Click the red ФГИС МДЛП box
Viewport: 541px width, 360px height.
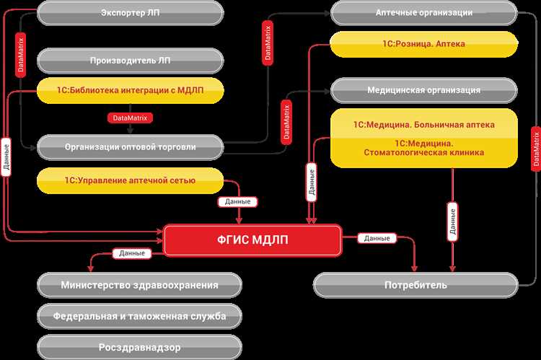(x=252, y=240)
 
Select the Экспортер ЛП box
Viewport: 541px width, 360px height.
(x=130, y=12)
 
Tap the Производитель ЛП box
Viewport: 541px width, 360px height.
(x=130, y=59)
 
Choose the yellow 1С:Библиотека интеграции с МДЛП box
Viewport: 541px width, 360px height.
(x=130, y=90)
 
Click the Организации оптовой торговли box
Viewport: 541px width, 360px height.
(x=130, y=146)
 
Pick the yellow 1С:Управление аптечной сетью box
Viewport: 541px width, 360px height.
(x=130, y=178)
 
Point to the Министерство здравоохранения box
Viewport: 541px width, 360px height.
(x=139, y=284)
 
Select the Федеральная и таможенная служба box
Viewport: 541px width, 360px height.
(x=139, y=315)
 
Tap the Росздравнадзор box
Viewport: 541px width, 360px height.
(x=139, y=347)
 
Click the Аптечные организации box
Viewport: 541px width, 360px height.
(x=424, y=12)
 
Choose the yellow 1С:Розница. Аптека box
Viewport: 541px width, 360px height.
(x=424, y=44)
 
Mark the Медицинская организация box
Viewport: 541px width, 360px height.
(x=424, y=90)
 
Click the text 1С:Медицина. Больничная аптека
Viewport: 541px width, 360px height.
(x=424, y=124)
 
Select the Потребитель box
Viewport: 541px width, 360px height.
(x=415, y=284)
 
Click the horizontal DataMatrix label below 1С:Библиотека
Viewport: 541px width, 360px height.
(x=131, y=117)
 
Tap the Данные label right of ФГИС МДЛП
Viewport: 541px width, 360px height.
(x=377, y=238)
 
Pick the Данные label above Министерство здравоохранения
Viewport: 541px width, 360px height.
(x=131, y=253)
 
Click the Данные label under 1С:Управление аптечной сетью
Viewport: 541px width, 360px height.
(x=239, y=202)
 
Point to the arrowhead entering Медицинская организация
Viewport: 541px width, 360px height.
(x=327, y=91)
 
